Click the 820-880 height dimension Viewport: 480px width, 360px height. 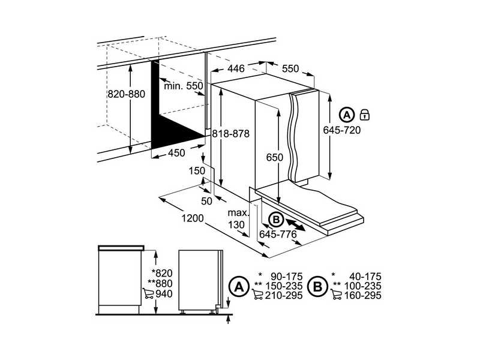tap(127, 95)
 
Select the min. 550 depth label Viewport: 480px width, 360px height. tap(184, 86)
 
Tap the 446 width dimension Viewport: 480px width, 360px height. tap(236, 69)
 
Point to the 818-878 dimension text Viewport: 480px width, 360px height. tap(230, 134)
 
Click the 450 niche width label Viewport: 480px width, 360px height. tap(176, 153)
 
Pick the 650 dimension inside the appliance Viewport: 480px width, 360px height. tap(274, 157)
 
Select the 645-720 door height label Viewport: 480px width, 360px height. tap(341, 130)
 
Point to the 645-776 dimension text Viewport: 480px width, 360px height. tap(278, 234)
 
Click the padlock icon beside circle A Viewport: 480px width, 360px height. tap(365, 114)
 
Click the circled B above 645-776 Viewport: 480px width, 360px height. tap(276, 220)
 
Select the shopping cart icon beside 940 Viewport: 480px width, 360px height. tap(148, 294)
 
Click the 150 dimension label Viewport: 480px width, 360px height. tap(197, 171)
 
